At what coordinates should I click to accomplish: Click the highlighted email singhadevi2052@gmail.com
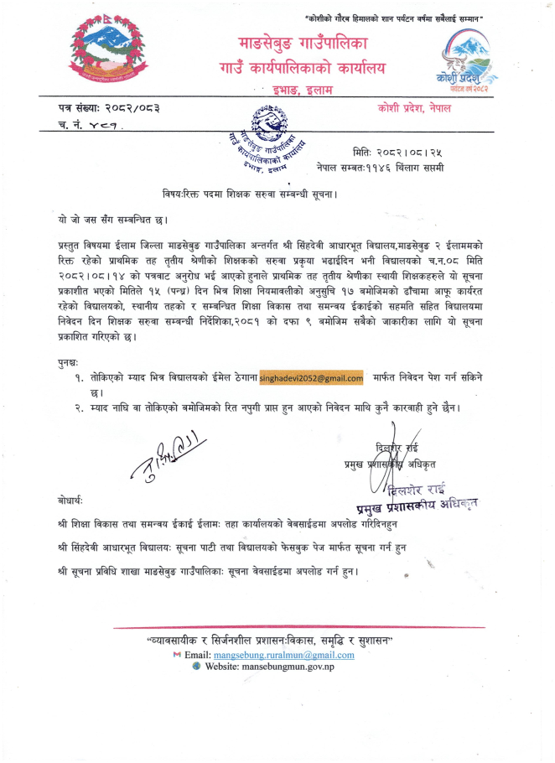312,378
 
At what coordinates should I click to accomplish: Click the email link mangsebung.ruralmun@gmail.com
284,654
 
